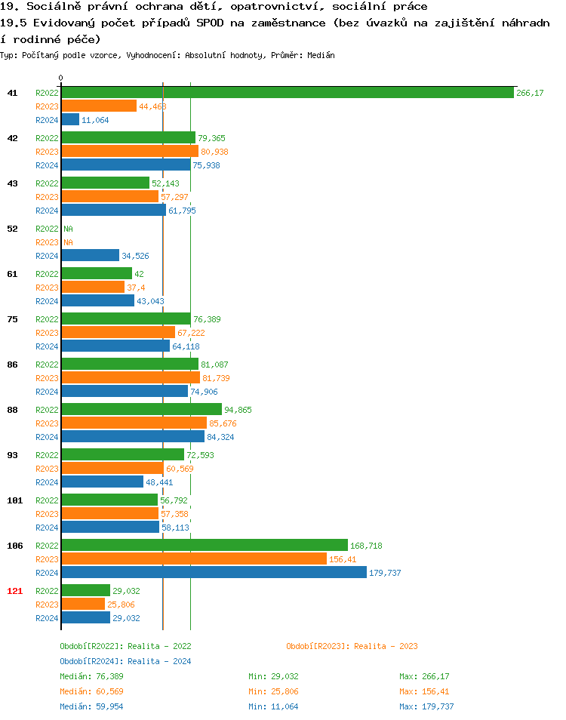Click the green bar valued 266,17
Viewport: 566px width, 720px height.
click(288, 93)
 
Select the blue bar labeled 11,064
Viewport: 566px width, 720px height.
click(70, 120)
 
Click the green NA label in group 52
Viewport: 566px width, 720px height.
click(68, 229)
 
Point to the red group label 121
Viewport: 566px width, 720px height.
click(14, 591)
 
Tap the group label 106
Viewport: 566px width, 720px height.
click(14, 546)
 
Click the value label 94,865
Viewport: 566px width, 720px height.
click(238, 410)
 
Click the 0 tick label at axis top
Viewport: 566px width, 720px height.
click(61, 78)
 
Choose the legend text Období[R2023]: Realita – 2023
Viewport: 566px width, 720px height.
click(352, 646)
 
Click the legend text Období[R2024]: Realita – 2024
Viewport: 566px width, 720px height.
click(125, 661)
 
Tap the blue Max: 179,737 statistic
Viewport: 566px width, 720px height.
click(426, 706)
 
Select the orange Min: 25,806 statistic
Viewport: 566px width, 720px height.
click(273, 691)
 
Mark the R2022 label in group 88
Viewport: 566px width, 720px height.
click(47, 410)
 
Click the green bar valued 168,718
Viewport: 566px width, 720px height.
click(205, 546)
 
